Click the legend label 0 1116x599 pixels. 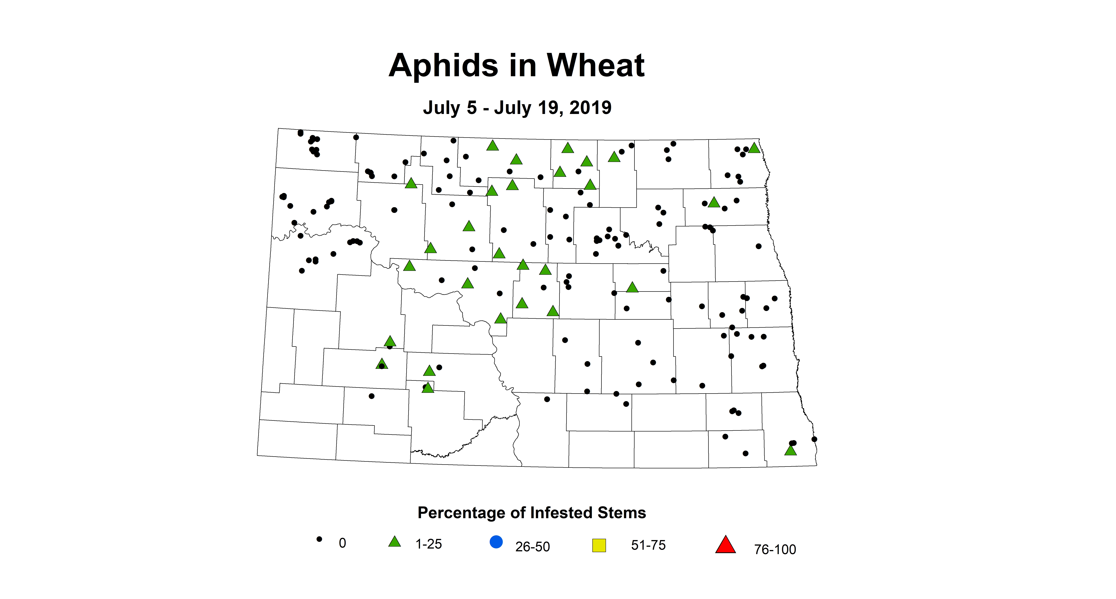pos(342,543)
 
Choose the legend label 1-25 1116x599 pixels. pos(429,544)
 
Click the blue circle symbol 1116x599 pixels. pos(496,542)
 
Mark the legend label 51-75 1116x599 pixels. pos(648,545)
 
